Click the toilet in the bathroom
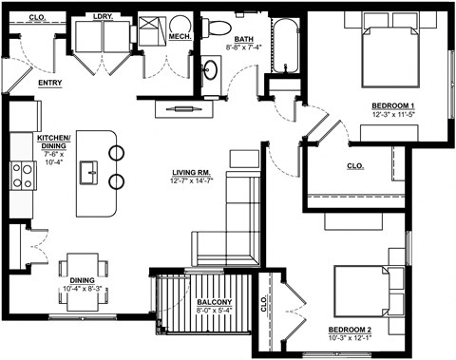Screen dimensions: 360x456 [216, 24]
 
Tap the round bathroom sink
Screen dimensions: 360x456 [211, 68]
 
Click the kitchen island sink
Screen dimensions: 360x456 [90, 173]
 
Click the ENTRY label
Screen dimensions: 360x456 [50, 83]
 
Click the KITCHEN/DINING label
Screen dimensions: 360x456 [53, 142]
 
